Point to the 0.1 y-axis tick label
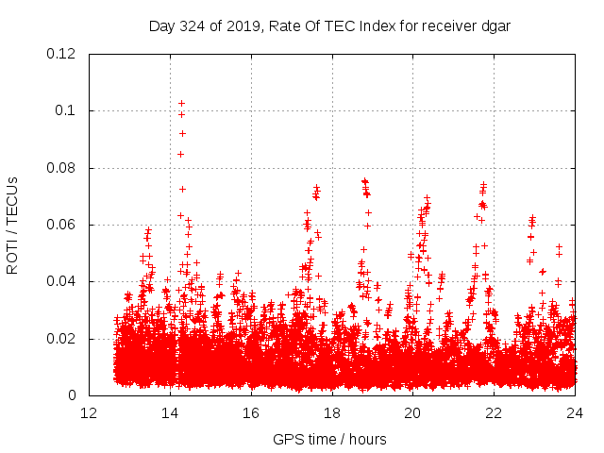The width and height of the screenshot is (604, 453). point(67,110)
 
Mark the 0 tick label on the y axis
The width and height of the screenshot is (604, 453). point(73,395)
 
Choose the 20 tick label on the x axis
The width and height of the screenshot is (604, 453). point(412,413)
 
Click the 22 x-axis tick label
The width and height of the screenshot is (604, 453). point(494,413)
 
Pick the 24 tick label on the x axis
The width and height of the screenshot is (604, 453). point(575,413)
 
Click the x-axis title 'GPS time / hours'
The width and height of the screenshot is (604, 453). point(329,439)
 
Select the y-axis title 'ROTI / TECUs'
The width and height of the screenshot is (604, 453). point(12,225)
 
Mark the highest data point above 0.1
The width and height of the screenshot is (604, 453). point(181,103)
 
